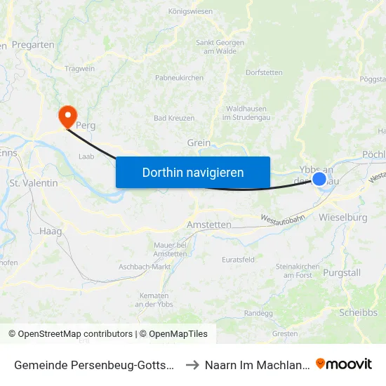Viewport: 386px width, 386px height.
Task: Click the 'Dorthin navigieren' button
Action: pos(192,172)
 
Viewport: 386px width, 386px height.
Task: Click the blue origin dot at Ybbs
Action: pos(319,179)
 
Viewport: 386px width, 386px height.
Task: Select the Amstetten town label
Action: pos(209,225)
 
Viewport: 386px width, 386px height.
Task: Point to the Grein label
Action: pos(199,142)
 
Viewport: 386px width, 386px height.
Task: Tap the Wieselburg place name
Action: pos(342,218)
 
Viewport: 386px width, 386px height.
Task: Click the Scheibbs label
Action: pos(358,312)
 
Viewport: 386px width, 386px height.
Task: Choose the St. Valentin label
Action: pos(34,182)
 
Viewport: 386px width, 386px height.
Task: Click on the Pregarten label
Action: pos(33,45)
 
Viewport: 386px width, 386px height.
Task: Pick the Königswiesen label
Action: pos(191,11)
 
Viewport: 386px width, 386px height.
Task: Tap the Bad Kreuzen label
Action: pos(174,118)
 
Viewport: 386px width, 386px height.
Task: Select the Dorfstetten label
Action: pos(264,72)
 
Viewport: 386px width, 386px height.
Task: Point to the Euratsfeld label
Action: pos(238,259)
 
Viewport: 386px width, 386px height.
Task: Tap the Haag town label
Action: pos(51,231)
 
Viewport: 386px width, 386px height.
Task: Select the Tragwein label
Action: pos(79,68)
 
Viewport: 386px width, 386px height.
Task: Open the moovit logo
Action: pos(344,364)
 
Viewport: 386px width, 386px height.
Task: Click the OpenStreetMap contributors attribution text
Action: pos(70,334)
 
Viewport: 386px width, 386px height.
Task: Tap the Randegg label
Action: pos(258,313)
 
